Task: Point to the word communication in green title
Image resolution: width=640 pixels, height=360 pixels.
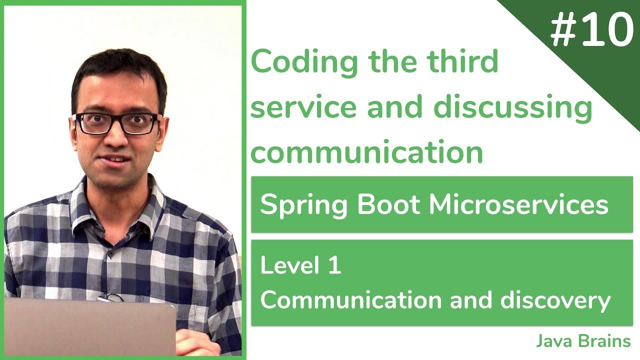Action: (x=366, y=151)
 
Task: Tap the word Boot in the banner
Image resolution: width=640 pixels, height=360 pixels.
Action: (x=378, y=204)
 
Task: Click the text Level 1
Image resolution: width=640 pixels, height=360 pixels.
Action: (x=300, y=265)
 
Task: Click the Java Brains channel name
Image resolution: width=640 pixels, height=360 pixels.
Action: (x=583, y=341)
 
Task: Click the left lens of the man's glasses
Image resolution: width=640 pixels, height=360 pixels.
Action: (x=94, y=123)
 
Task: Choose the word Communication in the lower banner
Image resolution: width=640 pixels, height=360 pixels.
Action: (x=351, y=300)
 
